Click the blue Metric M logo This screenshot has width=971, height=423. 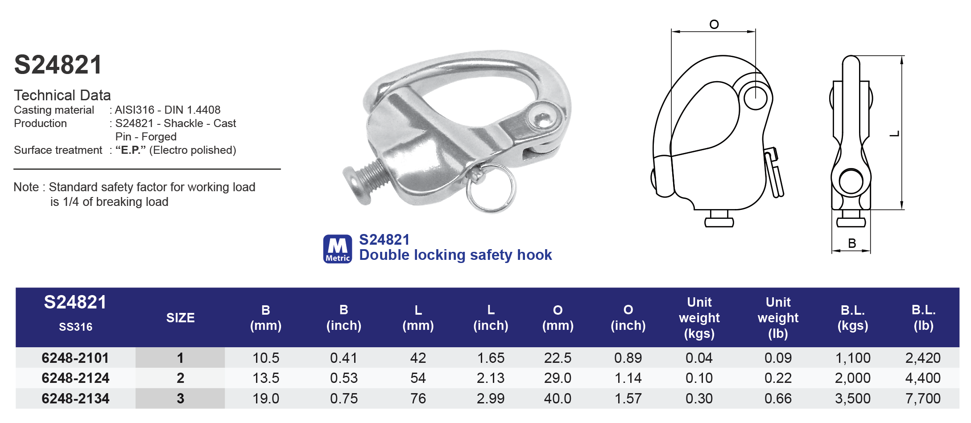pos(337,249)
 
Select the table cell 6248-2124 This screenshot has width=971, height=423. pos(75,378)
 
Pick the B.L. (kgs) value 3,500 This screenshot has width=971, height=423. pos(852,398)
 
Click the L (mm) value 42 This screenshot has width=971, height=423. pos(418,358)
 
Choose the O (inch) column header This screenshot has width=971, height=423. pos(628,317)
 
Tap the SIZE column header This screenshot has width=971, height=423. pos(180,318)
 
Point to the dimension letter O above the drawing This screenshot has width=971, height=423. pos(714,24)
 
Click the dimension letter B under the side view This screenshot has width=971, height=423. pos(852,243)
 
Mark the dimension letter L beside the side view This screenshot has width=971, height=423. pos(895,134)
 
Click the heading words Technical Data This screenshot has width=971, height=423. pos(62,95)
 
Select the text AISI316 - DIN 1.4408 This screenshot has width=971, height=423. pos(168,110)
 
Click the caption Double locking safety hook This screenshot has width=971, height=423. pos(455,255)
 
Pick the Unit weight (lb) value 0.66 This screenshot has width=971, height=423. pos(778,398)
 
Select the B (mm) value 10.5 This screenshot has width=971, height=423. pos(266,358)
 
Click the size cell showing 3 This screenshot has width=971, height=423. pos(180,398)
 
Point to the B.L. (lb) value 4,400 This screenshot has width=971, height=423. pos(923,378)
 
